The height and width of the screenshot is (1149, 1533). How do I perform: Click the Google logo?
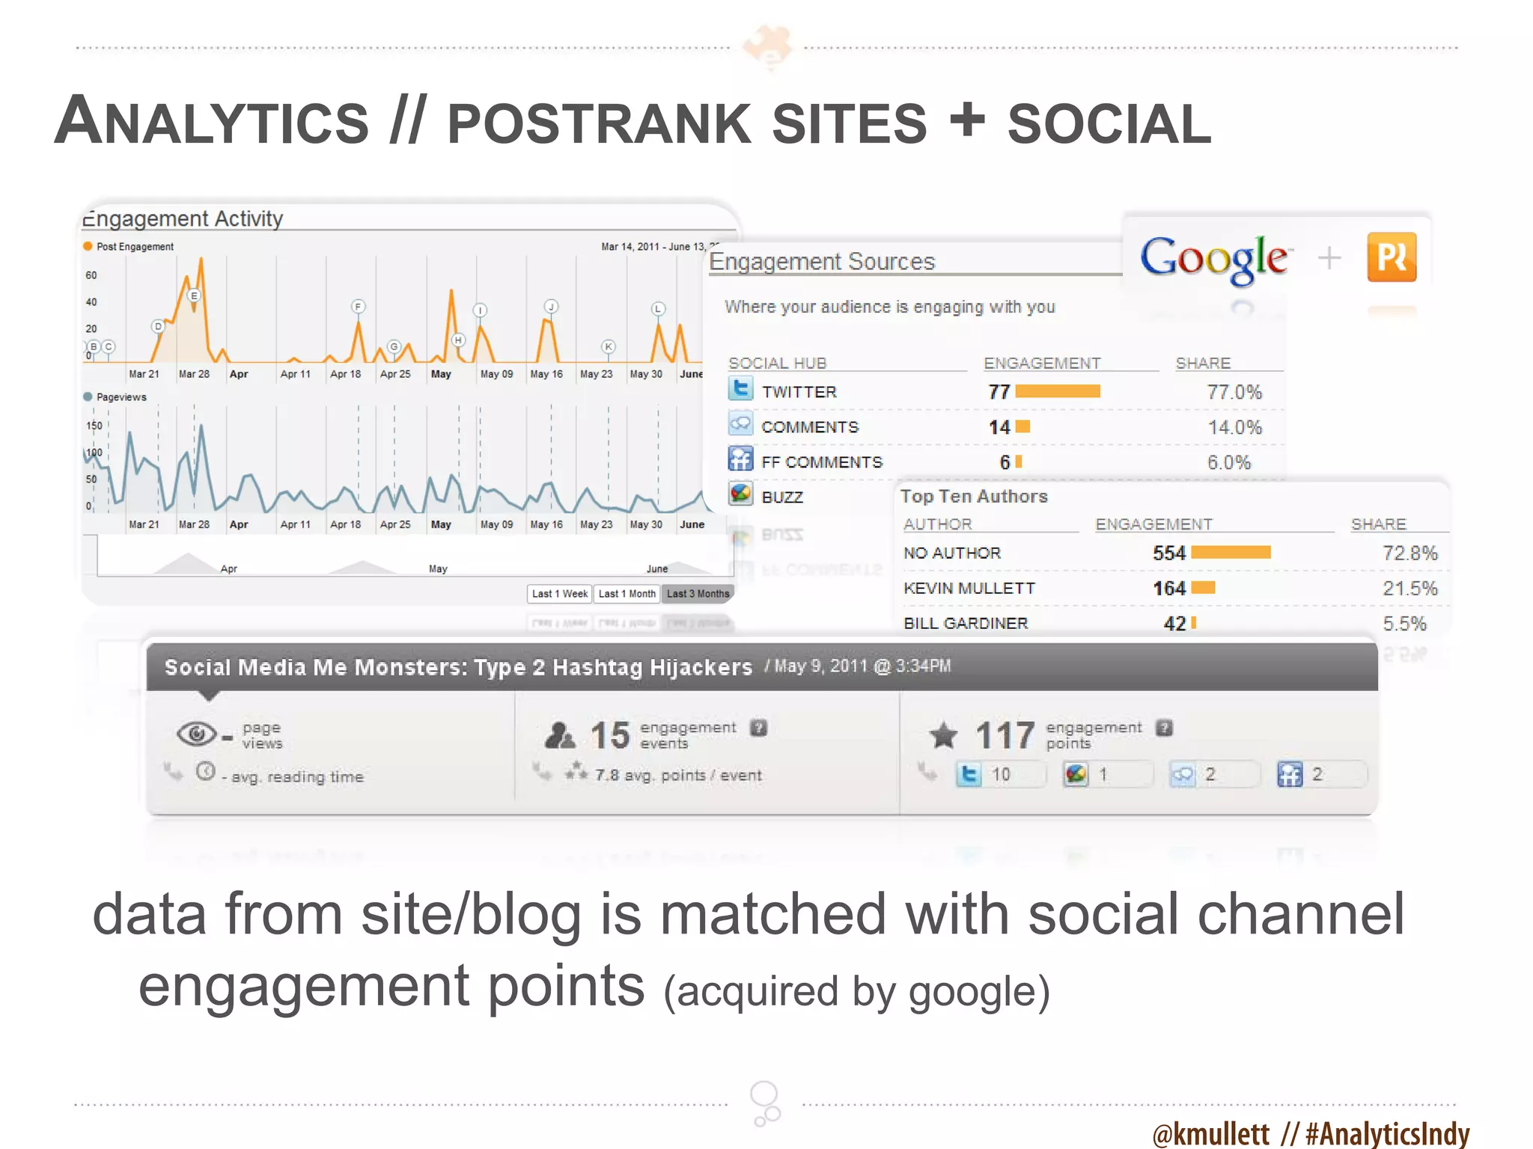click(1213, 258)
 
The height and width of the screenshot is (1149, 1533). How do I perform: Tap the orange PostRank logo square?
click(1391, 257)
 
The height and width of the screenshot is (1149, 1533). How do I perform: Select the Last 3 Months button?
click(698, 594)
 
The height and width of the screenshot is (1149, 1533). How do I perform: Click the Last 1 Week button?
click(559, 594)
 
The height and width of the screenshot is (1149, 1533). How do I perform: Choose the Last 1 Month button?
click(627, 594)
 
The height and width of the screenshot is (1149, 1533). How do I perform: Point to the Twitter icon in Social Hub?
click(740, 390)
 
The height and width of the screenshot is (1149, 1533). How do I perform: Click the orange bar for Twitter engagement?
click(1057, 391)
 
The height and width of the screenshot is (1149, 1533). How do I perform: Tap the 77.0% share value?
click(1234, 392)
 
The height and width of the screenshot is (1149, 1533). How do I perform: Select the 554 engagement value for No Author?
click(1168, 554)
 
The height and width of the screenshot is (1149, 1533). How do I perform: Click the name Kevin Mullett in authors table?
click(969, 589)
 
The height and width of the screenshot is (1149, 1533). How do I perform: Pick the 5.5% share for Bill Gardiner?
click(1404, 624)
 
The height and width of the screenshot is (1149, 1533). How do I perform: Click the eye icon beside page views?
click(196, 734)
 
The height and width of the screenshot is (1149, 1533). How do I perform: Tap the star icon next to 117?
click(943, 735)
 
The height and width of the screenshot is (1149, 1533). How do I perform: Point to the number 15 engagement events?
click(609, 735)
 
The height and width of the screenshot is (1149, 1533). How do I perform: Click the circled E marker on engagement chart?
click(194, 295)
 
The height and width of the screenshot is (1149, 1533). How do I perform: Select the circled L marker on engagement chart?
click(658, 309)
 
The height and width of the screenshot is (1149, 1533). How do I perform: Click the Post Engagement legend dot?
click(88, 246)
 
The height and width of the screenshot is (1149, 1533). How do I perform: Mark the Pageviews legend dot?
click(88, 396)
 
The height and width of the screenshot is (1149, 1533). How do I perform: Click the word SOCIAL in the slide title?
click(1109, 124)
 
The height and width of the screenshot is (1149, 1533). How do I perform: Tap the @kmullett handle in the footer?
click(1210, 1133)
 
